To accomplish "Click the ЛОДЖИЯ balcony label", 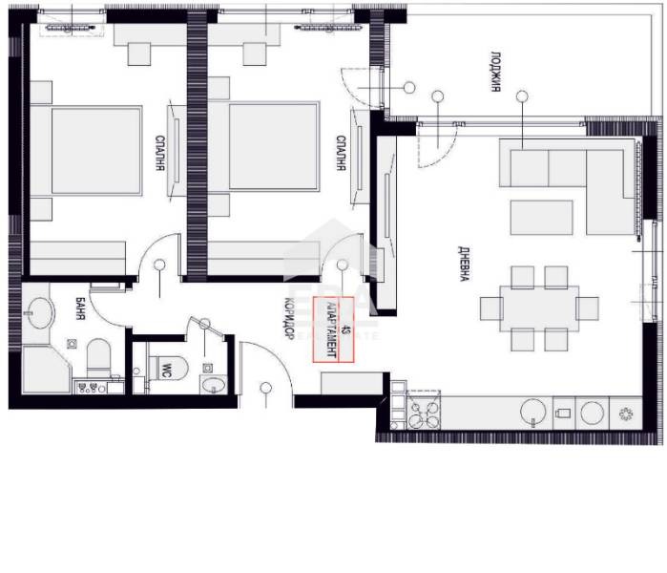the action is coord(495,72).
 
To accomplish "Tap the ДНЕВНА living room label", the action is coord(464,264).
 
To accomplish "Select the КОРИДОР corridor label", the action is coord(289,318).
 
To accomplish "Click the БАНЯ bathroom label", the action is coord(80,308).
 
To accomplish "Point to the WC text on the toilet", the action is coord(166,369).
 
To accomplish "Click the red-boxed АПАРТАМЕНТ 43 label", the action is coord(333,329).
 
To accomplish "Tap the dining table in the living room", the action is coord(539,308).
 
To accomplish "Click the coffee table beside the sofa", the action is coord(541,218).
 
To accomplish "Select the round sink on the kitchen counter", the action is coord(533,412).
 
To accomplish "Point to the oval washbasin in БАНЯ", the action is coord(40,313).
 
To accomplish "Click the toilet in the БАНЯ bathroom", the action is coord(98,358).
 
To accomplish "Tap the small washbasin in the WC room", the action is coord(213,385).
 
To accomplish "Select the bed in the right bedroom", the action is coord(263,146).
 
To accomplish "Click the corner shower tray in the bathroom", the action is coord(46,370).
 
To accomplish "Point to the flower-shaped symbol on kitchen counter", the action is coord(626,414).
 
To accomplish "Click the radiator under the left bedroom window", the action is coord(72,28).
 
